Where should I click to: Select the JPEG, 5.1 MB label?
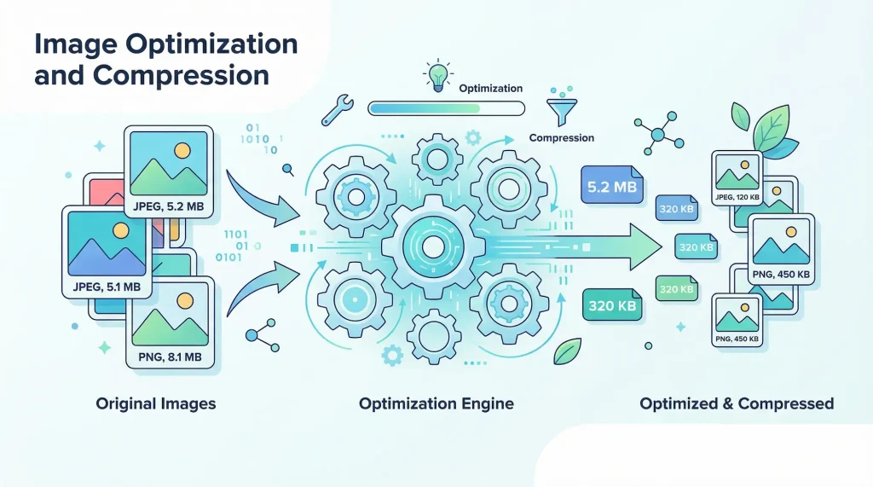[107, 287]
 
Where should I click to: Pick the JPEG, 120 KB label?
[737, 197]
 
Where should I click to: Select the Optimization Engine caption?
[436, 403]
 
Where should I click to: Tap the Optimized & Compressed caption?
[737, 403]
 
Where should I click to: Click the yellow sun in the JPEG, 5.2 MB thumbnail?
[181, 150]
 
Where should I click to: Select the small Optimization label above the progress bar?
[490, 89]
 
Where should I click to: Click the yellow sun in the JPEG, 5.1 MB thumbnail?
[120, 230]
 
